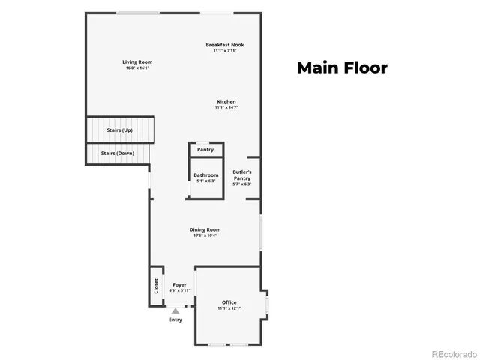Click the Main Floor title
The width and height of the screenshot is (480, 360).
342,67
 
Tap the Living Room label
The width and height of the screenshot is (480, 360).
137,61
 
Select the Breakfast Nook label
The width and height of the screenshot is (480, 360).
225,45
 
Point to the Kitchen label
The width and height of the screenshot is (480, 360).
226,102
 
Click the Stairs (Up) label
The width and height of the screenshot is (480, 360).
120,130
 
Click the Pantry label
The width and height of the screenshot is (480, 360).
205,150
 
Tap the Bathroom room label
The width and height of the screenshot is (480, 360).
205,175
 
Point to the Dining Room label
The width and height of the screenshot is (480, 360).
205,230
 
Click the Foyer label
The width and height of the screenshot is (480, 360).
179,285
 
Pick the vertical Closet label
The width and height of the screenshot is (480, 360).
156,286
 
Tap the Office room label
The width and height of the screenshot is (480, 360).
229,302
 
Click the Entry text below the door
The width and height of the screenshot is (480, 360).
175,320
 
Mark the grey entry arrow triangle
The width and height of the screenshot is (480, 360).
175,310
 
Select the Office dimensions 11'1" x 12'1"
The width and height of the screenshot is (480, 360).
229,308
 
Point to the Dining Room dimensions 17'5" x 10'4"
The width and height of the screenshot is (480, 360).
205,236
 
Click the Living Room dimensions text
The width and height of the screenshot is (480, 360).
137,67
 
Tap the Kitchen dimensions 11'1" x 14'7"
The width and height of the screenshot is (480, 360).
226,108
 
